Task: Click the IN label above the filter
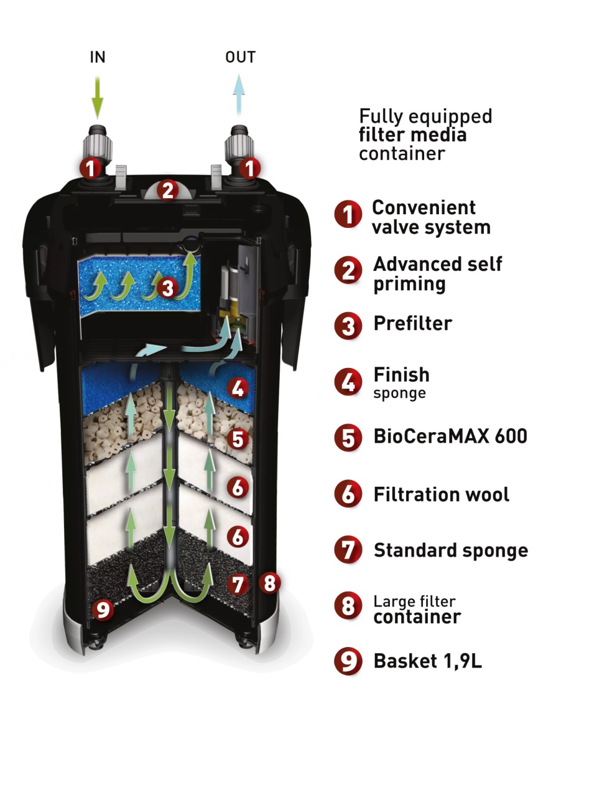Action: coord(98,57)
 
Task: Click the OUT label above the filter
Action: coord(240,57)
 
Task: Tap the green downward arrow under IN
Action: coord(98,97)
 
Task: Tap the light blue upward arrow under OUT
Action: coord(239,95)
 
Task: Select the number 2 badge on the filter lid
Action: coord(168,191)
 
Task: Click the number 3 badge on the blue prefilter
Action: coord(167,289)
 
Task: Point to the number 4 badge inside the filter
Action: coord(238,388)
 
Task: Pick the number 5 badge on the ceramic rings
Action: coord(238,439)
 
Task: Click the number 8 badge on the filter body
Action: coord(270,583)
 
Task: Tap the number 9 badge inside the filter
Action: coord(103,610)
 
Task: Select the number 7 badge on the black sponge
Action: coord(238,584)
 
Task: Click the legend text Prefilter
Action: coord(412,323)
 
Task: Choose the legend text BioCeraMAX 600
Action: coord(450,436)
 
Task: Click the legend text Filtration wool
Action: coord(441,494)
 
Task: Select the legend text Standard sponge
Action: coord(451,550)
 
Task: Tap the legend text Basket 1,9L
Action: coord(428,661)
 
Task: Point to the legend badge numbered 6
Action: coord(348,494)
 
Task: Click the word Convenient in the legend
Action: coord(423,208)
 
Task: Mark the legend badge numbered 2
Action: coord(348,270)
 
